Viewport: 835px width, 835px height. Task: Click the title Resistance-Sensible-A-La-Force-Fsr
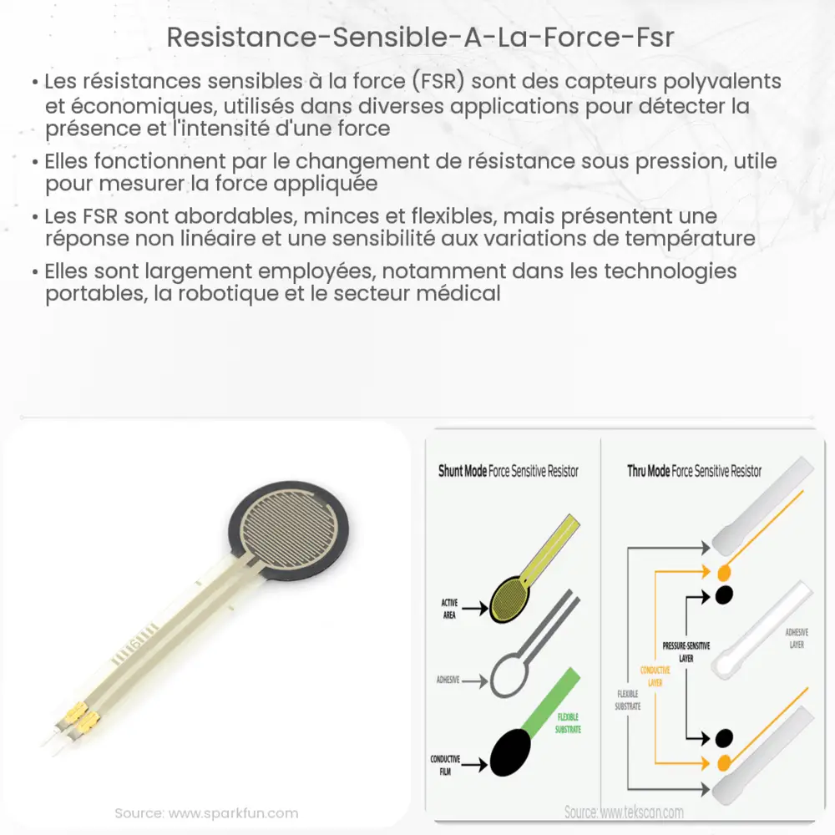tap(417, 38)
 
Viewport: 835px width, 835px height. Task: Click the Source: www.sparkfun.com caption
tap(206, 812)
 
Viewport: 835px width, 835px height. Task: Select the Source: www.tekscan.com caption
tap(623, 812)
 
